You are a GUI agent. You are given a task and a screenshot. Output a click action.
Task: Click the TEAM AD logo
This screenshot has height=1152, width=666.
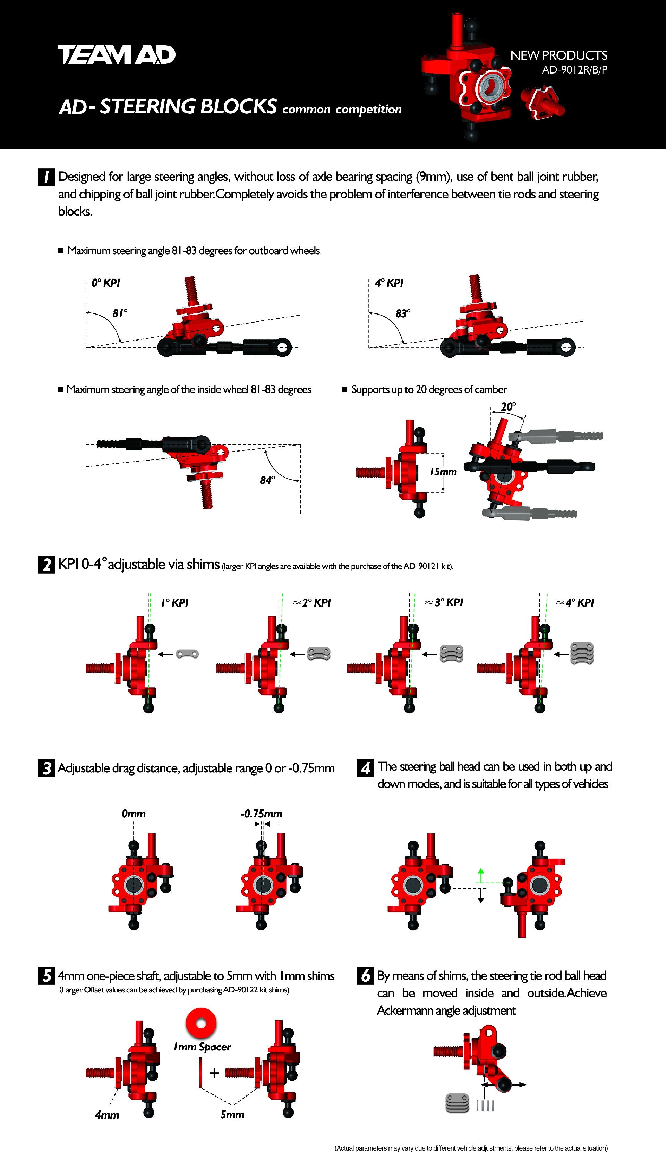coord(117,55)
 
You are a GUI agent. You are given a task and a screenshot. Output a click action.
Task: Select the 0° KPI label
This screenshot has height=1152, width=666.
coord(106,283)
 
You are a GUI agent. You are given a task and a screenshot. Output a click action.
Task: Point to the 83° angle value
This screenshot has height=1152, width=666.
coord(403,313)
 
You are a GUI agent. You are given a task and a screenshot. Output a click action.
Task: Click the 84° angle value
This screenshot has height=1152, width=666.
coord(267,480)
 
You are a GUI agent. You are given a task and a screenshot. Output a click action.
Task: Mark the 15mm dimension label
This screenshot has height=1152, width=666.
coord(443,472)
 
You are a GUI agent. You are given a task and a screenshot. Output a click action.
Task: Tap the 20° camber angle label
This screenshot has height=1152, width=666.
coord(508,406)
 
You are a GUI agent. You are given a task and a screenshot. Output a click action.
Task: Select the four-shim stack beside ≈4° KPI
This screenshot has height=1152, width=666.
coord(582,653)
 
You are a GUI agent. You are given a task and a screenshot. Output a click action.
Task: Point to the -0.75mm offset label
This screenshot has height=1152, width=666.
coord(261,814)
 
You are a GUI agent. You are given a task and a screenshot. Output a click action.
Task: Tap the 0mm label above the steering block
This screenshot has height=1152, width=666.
coord(134,814)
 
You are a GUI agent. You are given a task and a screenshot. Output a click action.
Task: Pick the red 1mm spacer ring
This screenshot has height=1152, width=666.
coord(201,1023)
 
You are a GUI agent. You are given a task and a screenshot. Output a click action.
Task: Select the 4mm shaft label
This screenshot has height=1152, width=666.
coord(107,1115)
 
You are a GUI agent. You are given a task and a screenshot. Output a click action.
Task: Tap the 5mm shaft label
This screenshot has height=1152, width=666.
coord(232,1115)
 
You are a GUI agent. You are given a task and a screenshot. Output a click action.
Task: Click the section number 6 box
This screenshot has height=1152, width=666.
coord(365,976)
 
